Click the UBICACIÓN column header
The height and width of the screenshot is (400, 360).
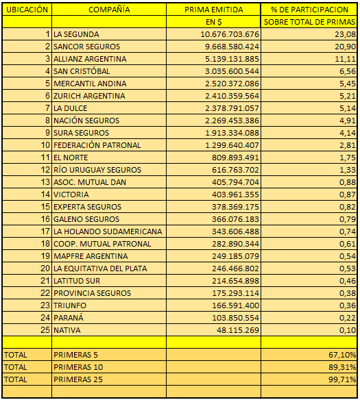click(27, 10)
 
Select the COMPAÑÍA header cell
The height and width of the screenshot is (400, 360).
click(109, 10)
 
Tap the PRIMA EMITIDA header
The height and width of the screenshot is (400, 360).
click(214, 10)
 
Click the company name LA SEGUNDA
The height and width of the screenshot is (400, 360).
click(76, 34)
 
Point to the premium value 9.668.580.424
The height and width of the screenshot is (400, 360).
click(232, 47)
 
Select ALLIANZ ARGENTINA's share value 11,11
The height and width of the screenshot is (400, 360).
click(345, 59)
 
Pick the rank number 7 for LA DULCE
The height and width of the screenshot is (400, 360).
click(47, 108)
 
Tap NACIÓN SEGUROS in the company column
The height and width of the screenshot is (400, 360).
click(86, 121)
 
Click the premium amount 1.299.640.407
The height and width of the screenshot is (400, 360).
click(232, 145)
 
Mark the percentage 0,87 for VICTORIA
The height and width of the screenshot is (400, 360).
click(348, 195)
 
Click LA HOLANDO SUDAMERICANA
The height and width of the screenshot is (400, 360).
click(108, 232)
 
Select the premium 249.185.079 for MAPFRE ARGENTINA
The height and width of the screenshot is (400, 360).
click(235, 256)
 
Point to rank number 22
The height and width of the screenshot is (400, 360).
click(45, 293)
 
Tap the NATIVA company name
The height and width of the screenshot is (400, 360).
click(67, 330)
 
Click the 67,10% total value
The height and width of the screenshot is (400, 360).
click(342, 355)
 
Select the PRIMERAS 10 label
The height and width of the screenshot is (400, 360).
click(78, 367)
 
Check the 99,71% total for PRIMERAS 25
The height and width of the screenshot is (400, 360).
click(342, 379)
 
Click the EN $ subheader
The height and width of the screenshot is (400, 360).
click(214, 22)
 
